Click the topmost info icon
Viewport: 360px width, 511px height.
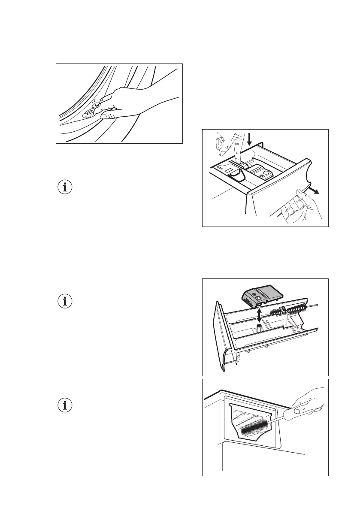coord(65,187)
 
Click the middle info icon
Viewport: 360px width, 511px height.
coord(65,301)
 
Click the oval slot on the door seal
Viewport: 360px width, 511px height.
coord(89,113)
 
